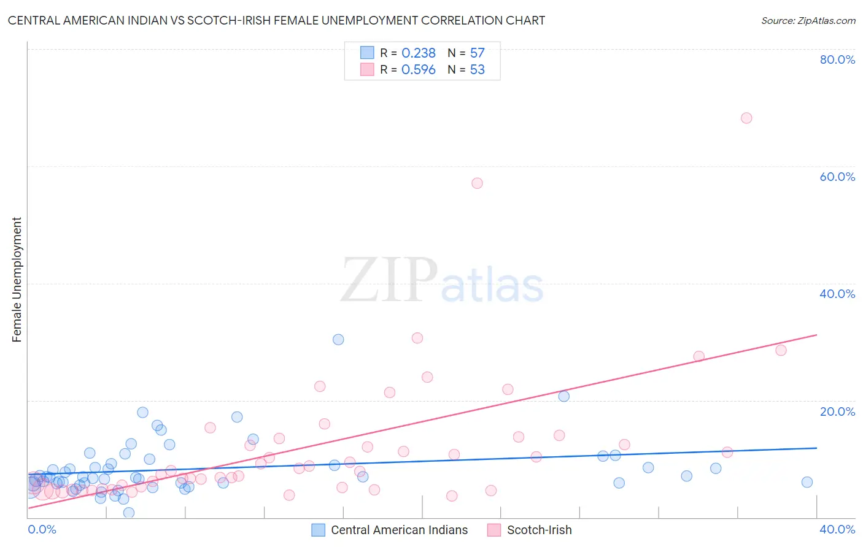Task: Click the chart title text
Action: click(276, 21)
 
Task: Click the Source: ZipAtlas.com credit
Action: click(808, 21)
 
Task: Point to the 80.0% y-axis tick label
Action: click(837, 59)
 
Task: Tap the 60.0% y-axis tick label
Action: click(837, 177)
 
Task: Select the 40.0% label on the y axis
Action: click(837, 294)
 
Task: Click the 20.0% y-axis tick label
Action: click(837, 411)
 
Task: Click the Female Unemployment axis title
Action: click(17, 280)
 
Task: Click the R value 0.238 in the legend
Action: click(418, 53)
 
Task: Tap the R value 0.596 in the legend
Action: click(418, 70)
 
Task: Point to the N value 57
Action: click(477, 53)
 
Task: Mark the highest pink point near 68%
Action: click(746, 118)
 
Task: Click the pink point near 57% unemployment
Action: click(477, 183)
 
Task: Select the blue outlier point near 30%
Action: click(338, 340)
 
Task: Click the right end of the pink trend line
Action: click(816, 335)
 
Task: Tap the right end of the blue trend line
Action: click(816, 448)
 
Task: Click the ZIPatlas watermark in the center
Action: click(442, 281)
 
